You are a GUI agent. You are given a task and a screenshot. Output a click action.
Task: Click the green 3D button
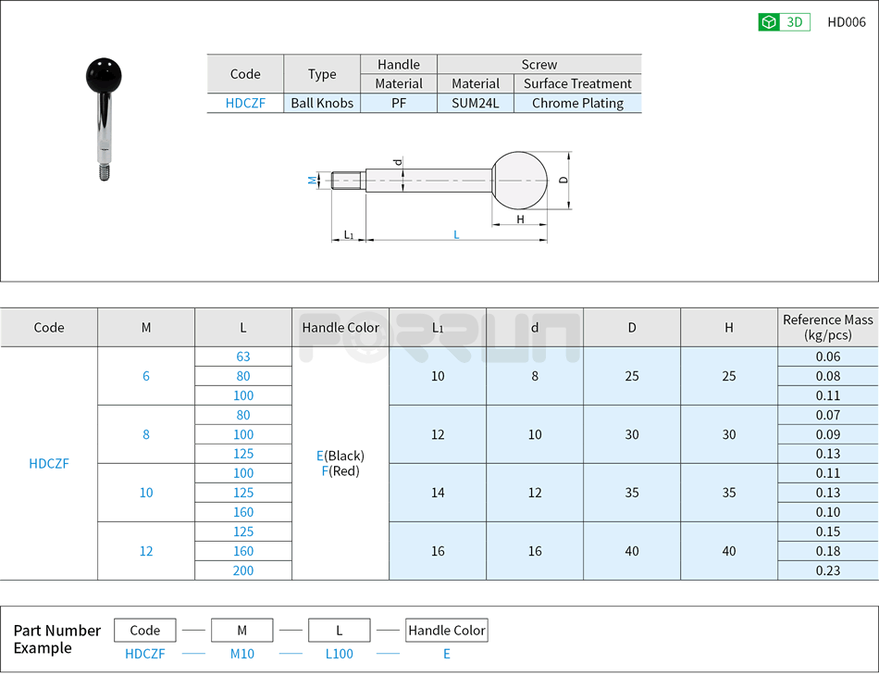pyautogui.click(x=784, y=22)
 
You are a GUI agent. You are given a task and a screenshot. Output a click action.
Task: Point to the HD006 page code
pyautogui.click(x=846, y=22)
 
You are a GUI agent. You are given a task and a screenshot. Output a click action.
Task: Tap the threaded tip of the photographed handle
pyautogui.click(x=105, y=171)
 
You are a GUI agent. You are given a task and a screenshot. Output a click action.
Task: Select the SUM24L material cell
pyautogui.click(x=475, y=103)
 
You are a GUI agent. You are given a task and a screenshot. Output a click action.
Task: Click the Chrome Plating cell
pyautogui.click(x=577, y=103)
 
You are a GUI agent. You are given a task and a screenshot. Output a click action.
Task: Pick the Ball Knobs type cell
pyautogui.click(x=322, y=103)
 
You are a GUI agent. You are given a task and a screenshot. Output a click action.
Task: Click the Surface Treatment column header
pyautogui.click(x=577, y=83)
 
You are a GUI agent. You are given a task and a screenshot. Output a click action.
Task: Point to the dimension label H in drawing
pyautogui.click(x=520, y=219)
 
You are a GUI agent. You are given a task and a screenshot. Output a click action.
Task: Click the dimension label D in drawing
pyautogui.click(x=563, y=180)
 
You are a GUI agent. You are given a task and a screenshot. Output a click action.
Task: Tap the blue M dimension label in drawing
pyautogui.click(x=313, y=181)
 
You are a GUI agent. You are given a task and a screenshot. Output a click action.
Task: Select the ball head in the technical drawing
pyautogui.click(x=520, y=180)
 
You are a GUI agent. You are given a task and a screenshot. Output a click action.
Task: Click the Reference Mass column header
pyautogui.click(x=827, y=327)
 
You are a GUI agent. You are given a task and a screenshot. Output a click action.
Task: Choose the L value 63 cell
pyautogui.click(x=243, y=357)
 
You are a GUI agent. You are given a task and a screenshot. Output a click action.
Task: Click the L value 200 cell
pyautogui.click(x=243, y=570)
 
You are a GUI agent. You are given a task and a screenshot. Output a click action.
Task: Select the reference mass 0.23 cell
pyautogui.click(x=828, y=570)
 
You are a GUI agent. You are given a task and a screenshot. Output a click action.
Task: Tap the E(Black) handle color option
pyautogui.click(x=340, y=456)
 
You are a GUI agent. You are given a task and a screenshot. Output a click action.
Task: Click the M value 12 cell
pyautogui.click(x=146, y=551)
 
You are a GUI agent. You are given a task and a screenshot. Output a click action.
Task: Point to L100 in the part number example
pyautogui.click(x=340, y=654)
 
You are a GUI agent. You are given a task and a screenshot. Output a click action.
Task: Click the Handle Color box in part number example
pyautogui.click(x=447, y=631)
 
